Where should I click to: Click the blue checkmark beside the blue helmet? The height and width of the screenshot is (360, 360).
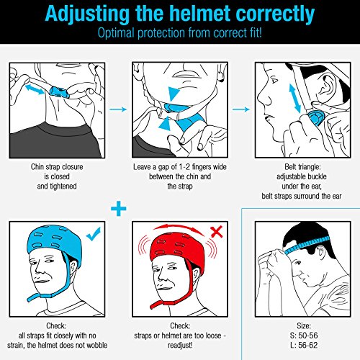94,234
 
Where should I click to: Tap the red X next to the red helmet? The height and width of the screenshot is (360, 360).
217,232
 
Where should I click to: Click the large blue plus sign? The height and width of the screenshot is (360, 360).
119,208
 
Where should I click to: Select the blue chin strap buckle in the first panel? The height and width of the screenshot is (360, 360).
59,92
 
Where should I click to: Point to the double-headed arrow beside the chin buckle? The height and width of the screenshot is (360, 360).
35,89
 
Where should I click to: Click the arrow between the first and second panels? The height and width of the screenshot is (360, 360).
118,109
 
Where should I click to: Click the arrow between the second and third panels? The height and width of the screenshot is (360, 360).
241,109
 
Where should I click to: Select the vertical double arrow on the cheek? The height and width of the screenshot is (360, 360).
295,99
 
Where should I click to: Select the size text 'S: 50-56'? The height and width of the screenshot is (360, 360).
304,336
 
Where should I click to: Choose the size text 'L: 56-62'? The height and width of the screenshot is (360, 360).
304,345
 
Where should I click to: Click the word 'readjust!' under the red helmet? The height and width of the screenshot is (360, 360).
180,346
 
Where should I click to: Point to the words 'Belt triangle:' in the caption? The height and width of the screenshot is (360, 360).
302,167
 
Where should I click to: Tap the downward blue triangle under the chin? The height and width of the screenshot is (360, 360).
174,93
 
